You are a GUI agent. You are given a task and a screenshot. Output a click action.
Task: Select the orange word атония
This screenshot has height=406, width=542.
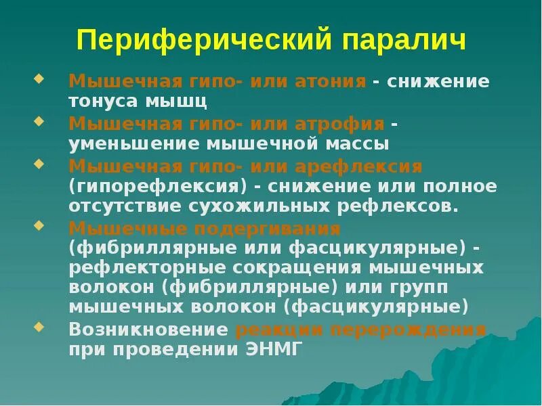[331, 82]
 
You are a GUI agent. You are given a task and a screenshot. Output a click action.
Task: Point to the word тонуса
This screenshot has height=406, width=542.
[107, 102]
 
